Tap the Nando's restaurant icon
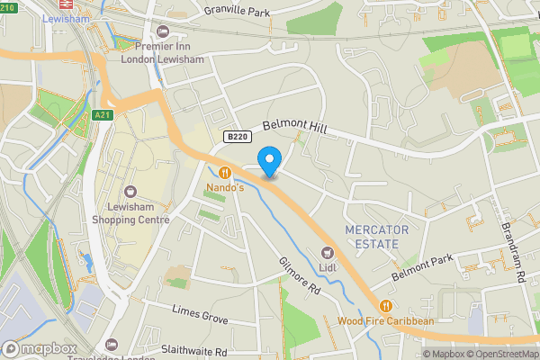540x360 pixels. [x=224, y=173]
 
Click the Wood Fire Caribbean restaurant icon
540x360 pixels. [x=386, y=306]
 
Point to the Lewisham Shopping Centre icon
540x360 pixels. [x=130, y=192]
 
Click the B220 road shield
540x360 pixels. [x=237, y=137]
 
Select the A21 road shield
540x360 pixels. [x=103, y=115]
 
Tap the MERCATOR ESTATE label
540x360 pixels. [x=376, y=237]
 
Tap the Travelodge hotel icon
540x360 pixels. [x=111, y=345]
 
